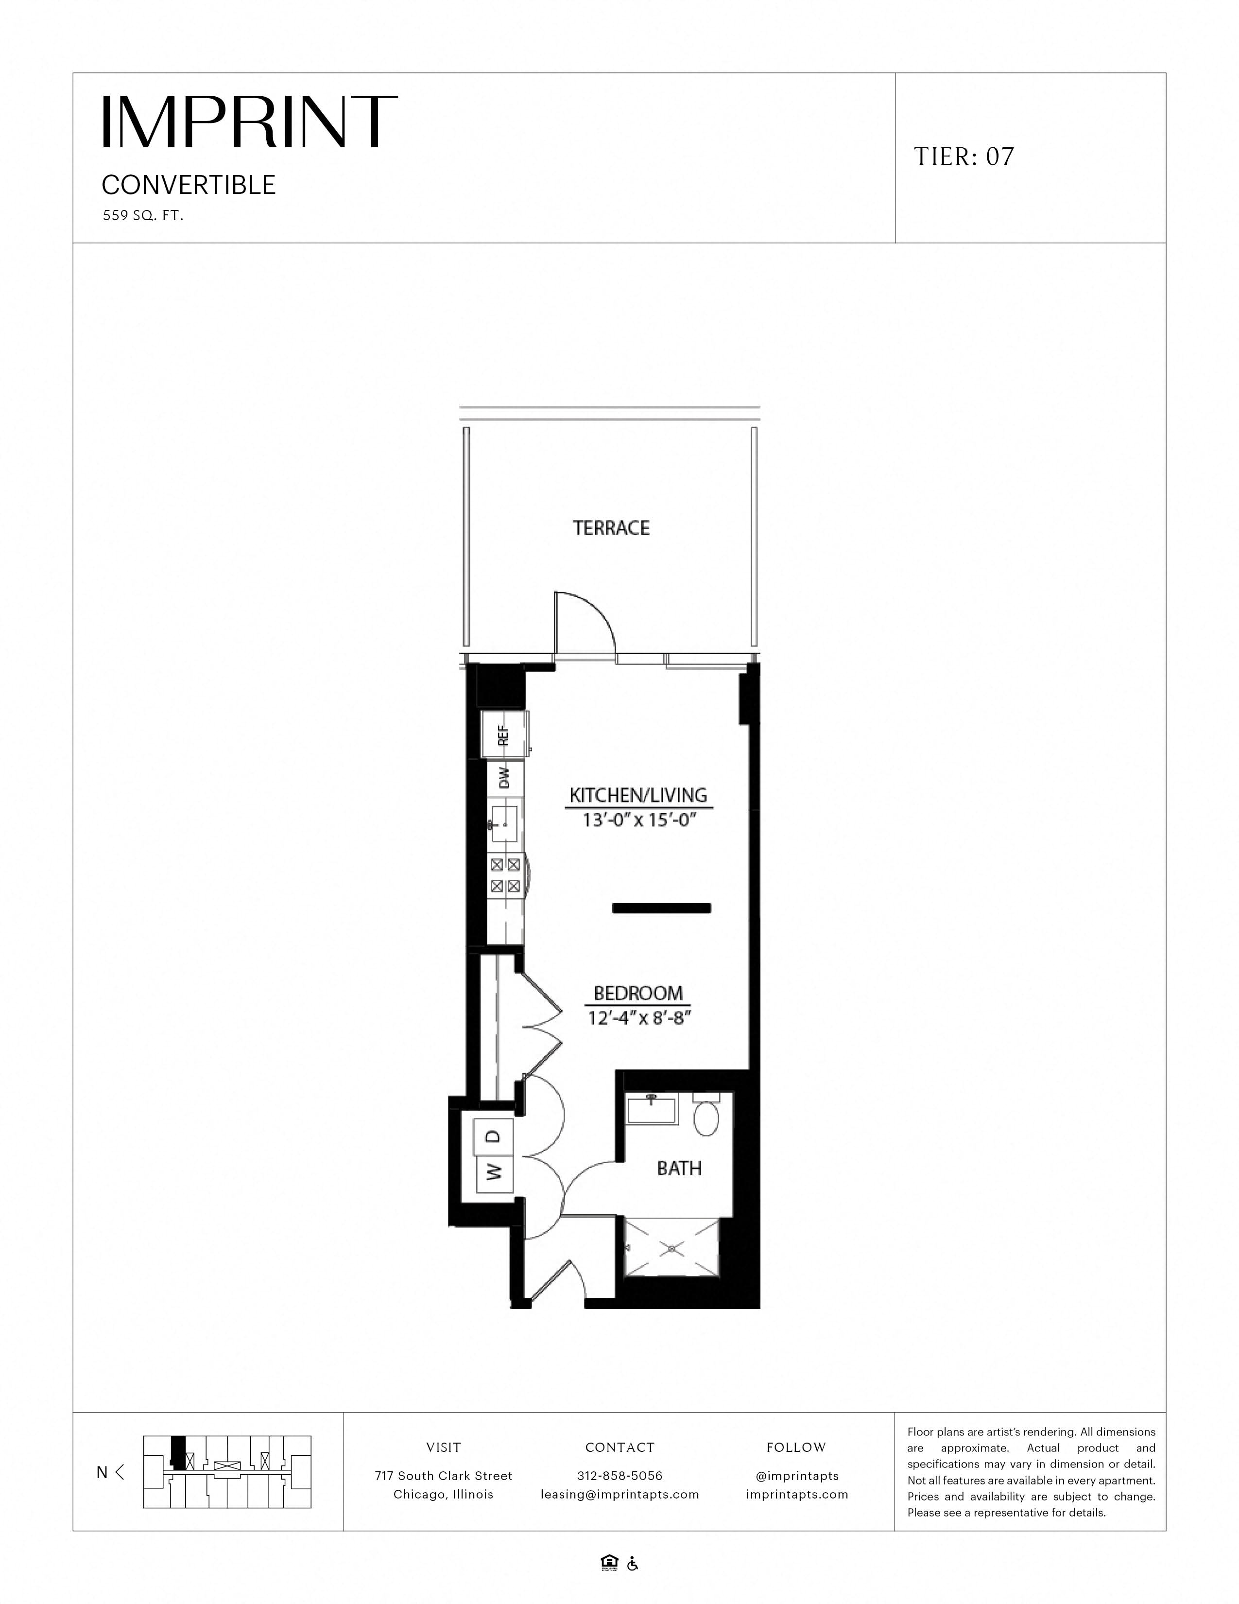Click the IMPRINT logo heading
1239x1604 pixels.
(x=250, y=122)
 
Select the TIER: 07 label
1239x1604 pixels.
(x=964, y=157)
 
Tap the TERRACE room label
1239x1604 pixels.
(x=611, y=528)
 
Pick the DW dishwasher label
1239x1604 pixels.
(x=504, y=778)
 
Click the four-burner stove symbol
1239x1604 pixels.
(x=505, y=875)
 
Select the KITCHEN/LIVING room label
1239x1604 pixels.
(x=638, y=795)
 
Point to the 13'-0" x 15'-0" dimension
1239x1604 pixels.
(x=638, y=819)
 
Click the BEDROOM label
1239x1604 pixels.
(x=638, y=994)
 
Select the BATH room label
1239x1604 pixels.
(x=679, y=1168)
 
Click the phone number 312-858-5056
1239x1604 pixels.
(x=619, y=1476)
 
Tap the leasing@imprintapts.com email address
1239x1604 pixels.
(x=619, y=1495)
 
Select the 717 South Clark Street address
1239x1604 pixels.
(x=443, y=1476)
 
